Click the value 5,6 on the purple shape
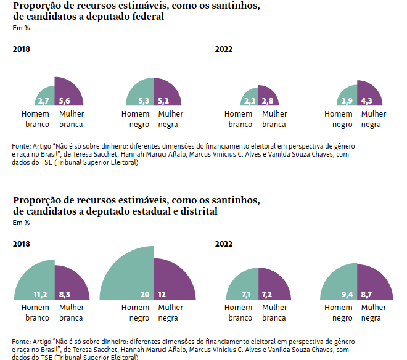click(x=65, y=101)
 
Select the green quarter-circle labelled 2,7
click(x=45, y=96)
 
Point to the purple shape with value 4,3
click(x=368, y=95)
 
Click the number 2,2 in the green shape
click(x=250, y=101)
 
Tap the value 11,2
click(x=41, y=295)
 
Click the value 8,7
click(x=365, y=295)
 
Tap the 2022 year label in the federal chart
click(x=223, y=49)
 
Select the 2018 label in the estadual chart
click(x=21, y=243)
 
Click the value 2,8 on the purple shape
click(x=267, y=101)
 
